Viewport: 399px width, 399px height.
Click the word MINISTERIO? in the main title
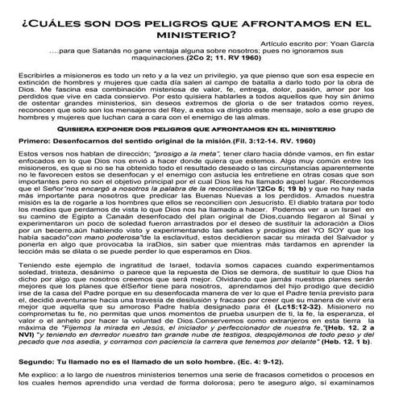click(199, 34)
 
